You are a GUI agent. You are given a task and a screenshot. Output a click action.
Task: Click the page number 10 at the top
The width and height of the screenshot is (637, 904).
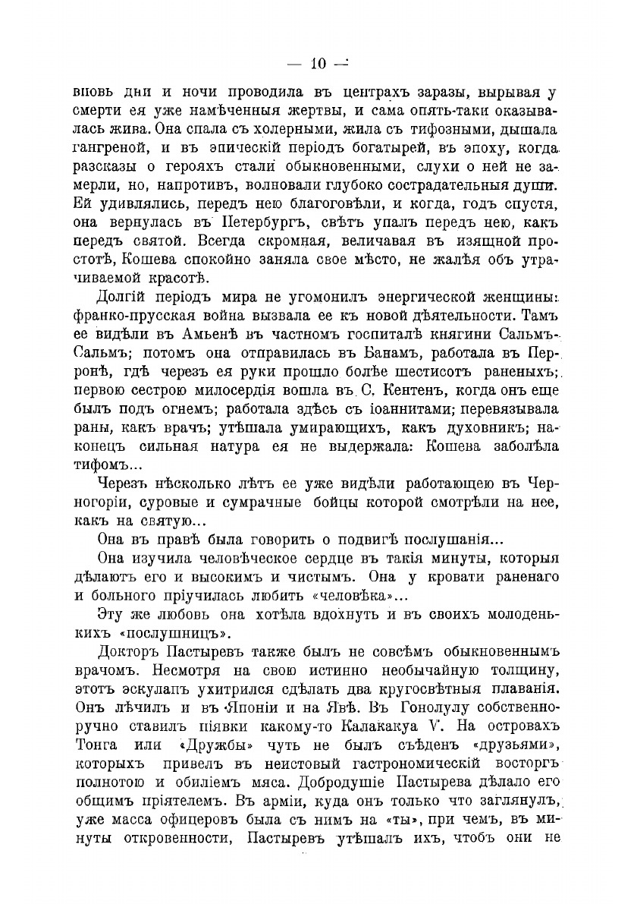(318, 64)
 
